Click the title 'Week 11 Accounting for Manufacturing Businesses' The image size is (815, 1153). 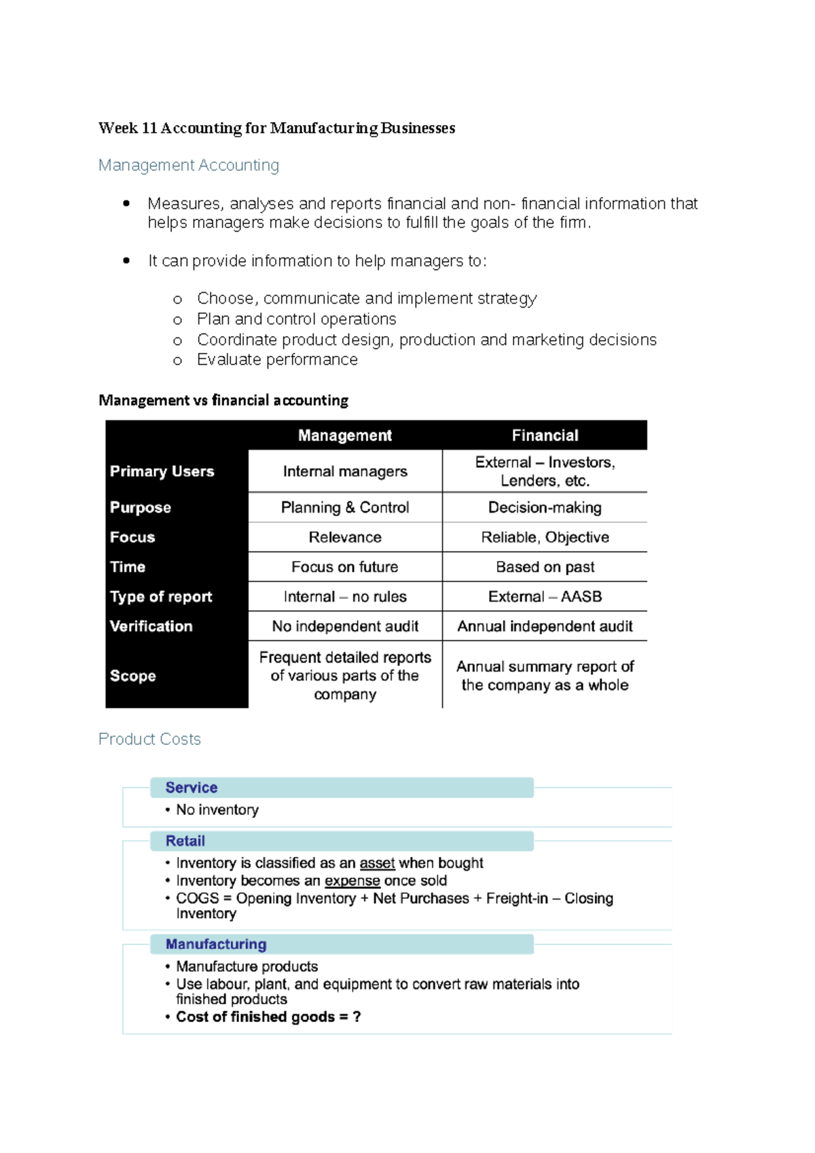click(x=276, y=128)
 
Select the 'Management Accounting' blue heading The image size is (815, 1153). click(x=188, y=165)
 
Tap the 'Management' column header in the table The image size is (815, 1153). click(x=344, y=435)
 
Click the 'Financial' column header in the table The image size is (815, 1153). click(x=545, y=435)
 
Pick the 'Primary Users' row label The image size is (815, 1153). click(x=162, y=471)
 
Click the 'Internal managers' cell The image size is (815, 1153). click(x=345, y=471)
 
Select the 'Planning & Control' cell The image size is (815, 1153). click(x=345, y=507)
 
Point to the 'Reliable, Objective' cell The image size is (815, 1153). click(x=545, y=537)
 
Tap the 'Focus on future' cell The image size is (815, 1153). click(x=345, y=567)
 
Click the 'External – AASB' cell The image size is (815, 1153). click(x=545, y=597)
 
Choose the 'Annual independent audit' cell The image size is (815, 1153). click(x=545, y=626)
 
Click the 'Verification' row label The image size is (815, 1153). click(x=151, y=626)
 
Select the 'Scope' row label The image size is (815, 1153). click(x=133, y=676)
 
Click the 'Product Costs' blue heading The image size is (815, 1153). click(x=149, y=739)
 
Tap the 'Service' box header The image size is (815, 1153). click(x=192, y=788)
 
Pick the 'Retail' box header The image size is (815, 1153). click(x=185, y=841)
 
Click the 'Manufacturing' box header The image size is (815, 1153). click(x=216, y=944)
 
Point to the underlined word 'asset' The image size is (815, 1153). click(x=377, y=863)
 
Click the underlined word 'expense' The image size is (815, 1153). click(x=352, y=881)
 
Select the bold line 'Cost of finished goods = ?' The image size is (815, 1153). click(x=268, y=1017)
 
